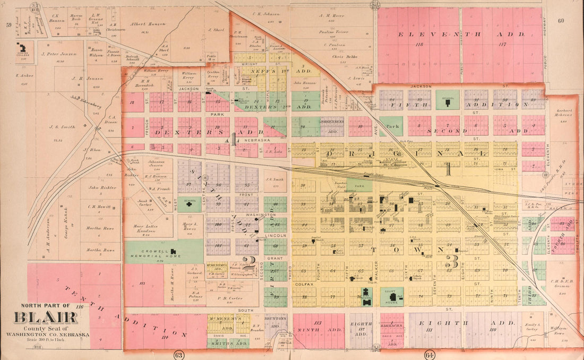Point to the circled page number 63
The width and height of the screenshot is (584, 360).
tap(179, 354)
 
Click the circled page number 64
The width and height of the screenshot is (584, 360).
tap(430, 354)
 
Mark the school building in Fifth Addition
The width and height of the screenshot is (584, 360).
tap(447, 99)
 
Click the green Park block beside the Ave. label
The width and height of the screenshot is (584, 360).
tap(392, 126)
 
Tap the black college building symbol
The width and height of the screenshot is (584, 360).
tap(22, 48)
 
